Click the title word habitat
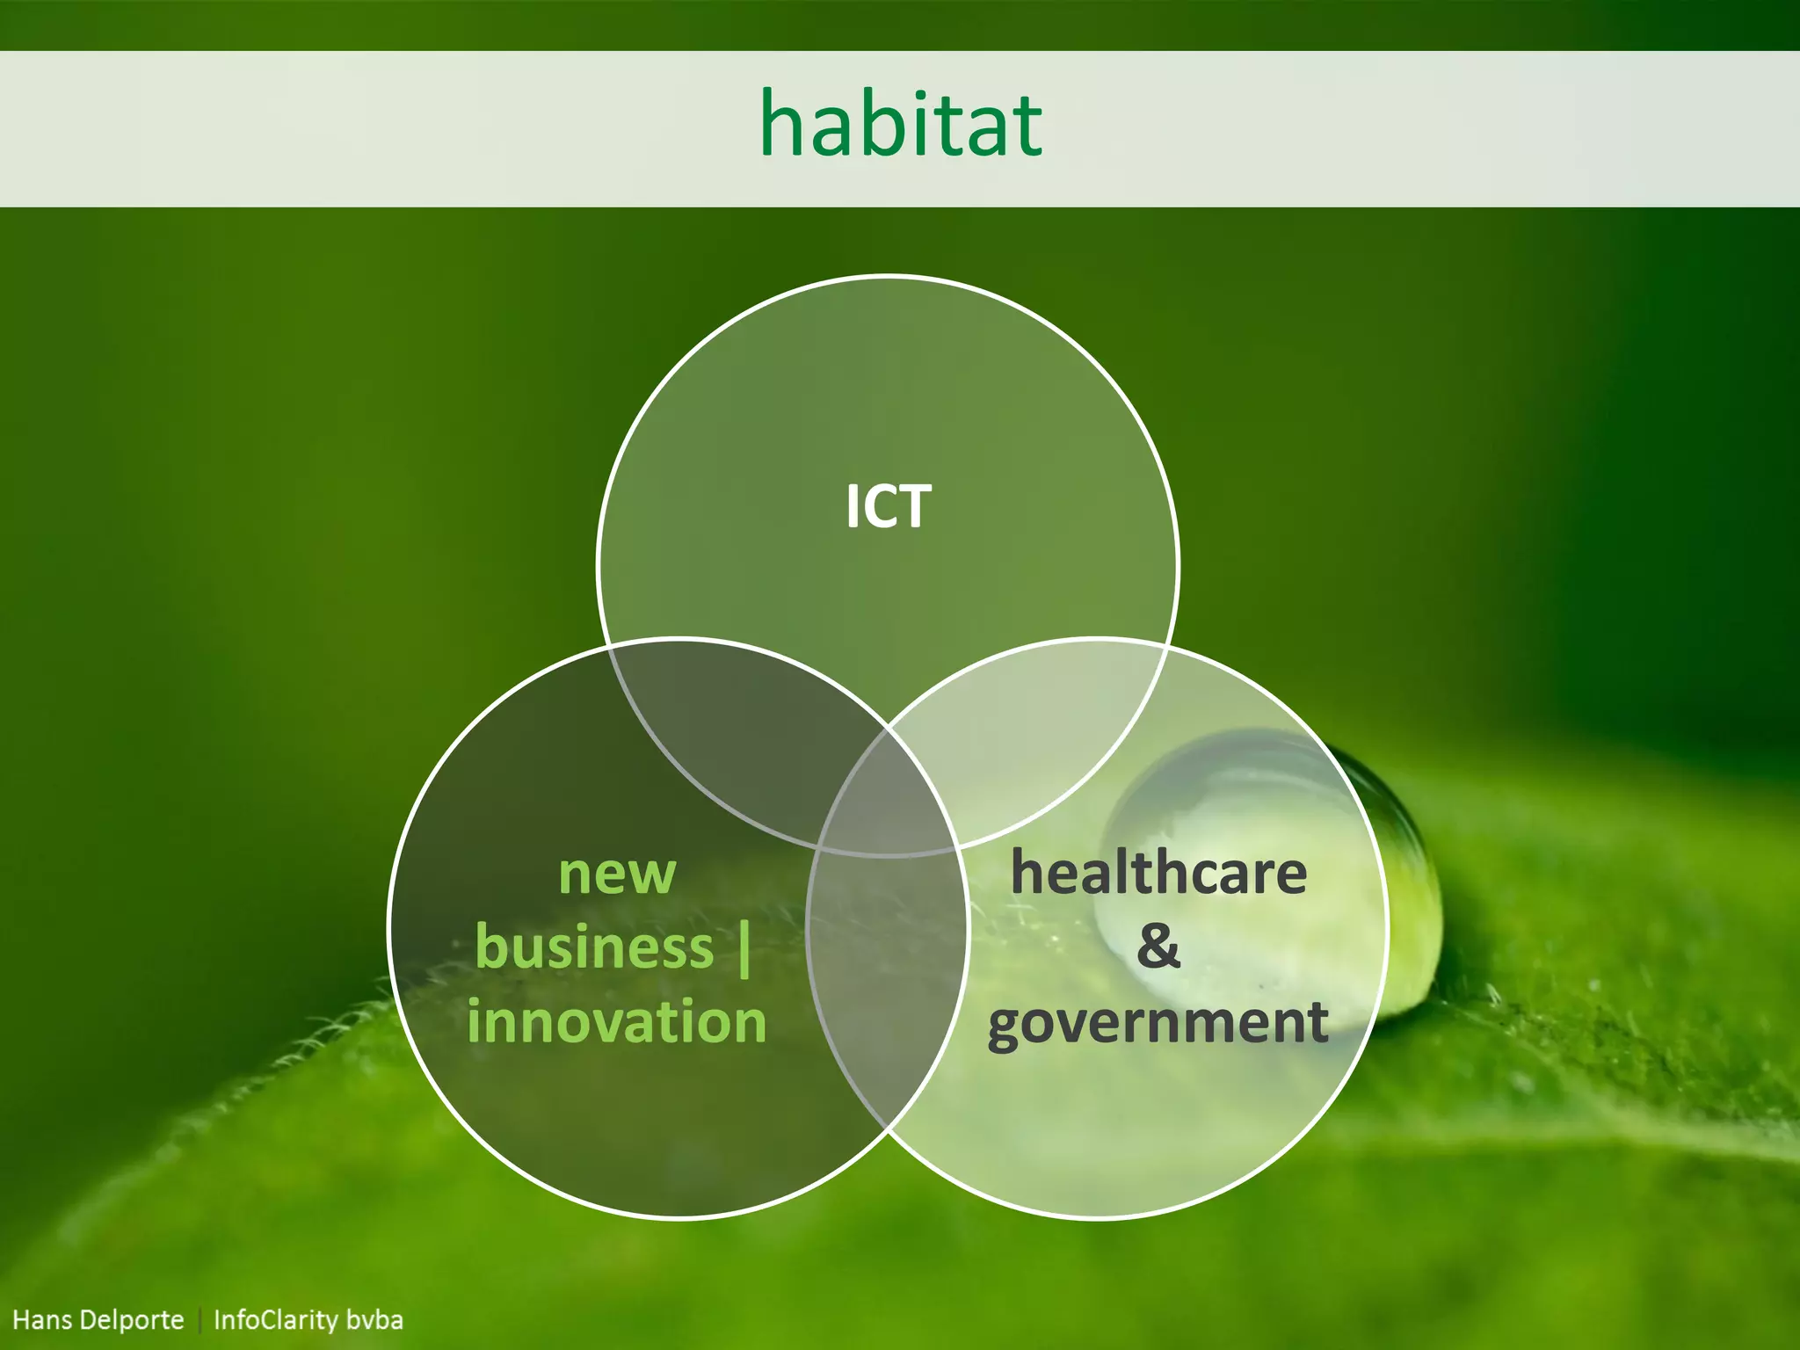click(x=901, y=125)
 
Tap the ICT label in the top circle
click(x=888, y=507)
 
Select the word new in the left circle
click(x=617, y=875)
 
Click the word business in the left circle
click(x=595, y=948)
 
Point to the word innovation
click(x=617, y=1022)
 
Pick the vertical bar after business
click(x=744, y=948)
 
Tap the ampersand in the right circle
click(x=1158, y=947)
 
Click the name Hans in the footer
click(x=41, y=1320)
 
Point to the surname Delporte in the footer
click(x=132, y=1320)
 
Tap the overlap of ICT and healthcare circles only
click(x=1037, y=729)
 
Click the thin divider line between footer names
click(x=200, y=1320)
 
